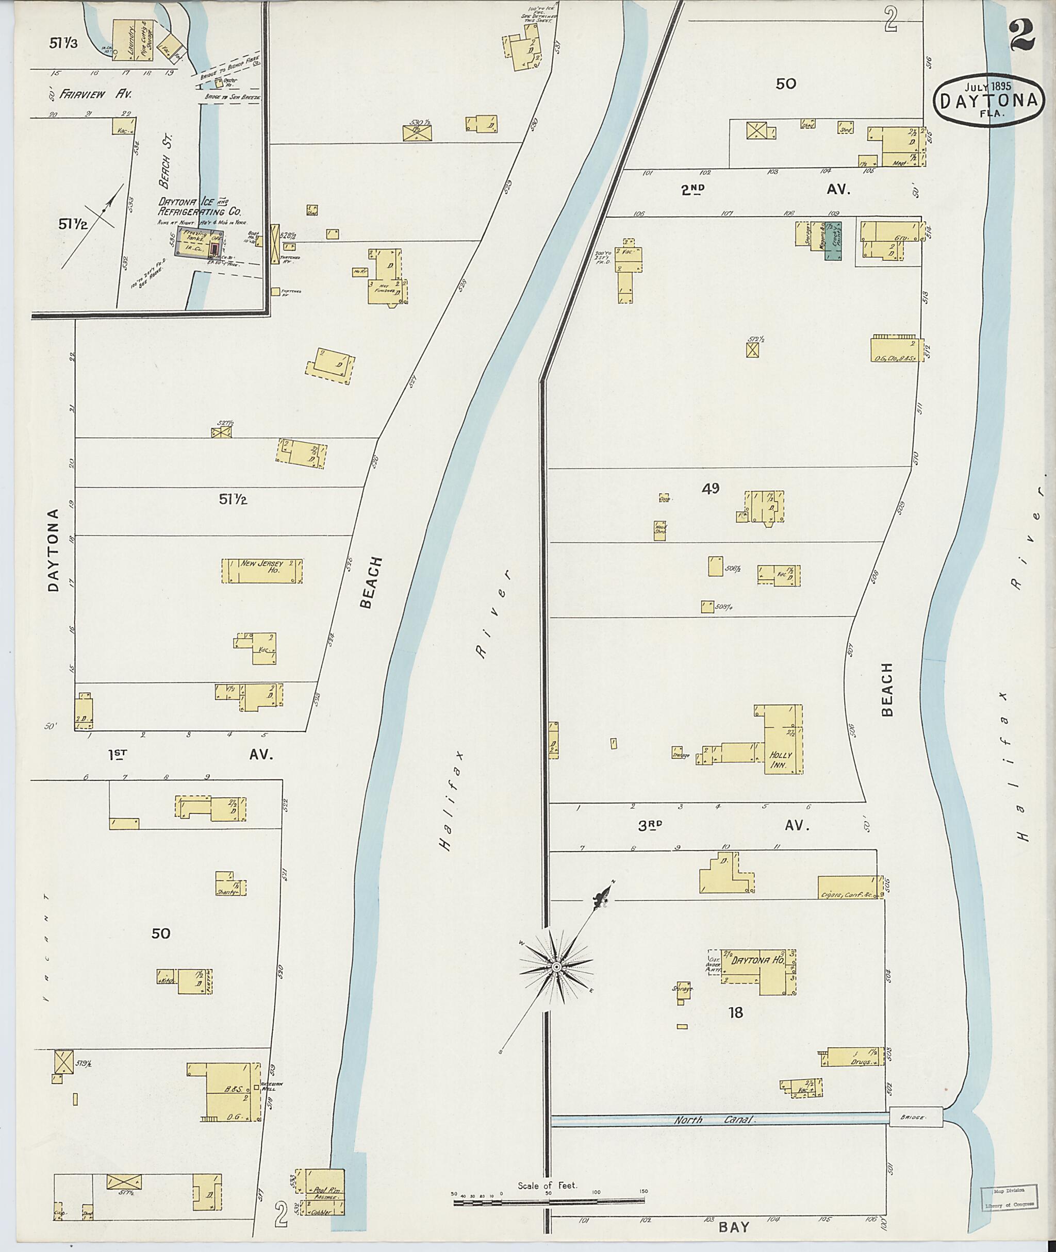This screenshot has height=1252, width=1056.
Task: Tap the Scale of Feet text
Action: (547, 1185)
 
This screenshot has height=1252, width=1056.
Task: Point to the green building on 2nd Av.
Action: (833, 242)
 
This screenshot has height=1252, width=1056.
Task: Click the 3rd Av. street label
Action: (721, 825)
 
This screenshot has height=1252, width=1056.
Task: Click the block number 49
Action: (711, 488)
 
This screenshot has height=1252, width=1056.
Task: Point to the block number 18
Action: (735, 1013)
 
